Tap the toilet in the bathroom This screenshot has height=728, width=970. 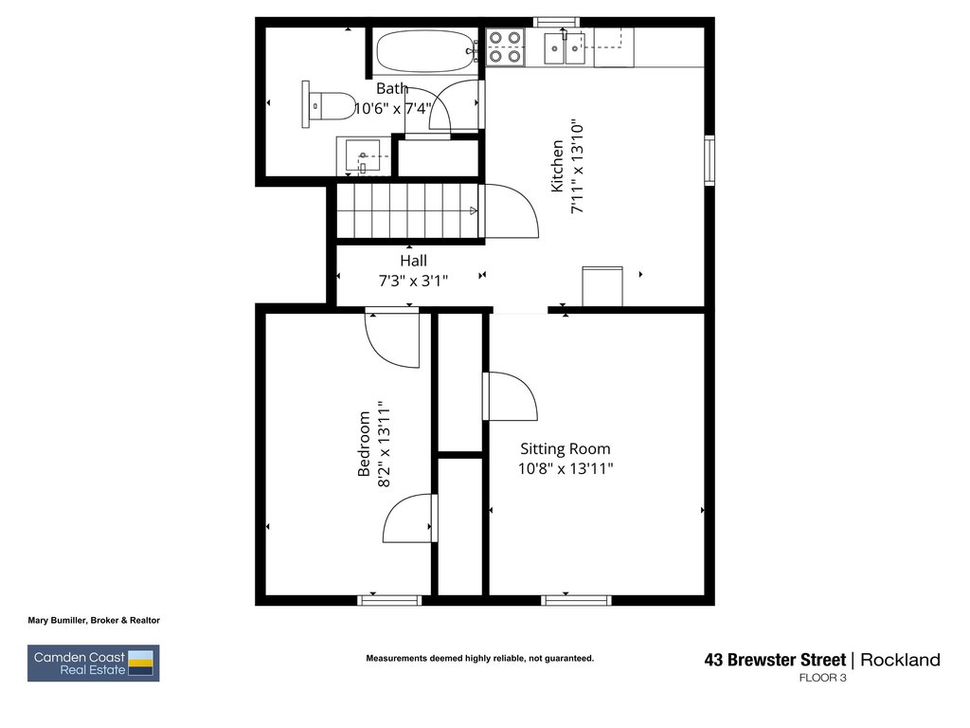tap(329, 104)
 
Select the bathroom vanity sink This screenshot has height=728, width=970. tap(363, 157)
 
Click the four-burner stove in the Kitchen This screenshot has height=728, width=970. tap(505, 47)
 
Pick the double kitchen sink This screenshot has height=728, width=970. tap(565, 48)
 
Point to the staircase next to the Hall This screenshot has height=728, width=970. tap(408, 211)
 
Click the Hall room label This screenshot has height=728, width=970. tap(413, 261)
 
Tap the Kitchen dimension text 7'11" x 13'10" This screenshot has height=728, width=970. tap(577, 167)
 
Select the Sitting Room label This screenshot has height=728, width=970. tap(566, 448)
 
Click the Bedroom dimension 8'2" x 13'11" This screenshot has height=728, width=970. tap(385, 444)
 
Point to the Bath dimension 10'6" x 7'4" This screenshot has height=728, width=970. tap(393, 109)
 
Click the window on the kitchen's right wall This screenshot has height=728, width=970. tap(710, 160)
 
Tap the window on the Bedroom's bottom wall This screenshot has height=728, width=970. tap(389, 600)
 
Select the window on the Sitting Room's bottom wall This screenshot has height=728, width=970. tap(577, 600)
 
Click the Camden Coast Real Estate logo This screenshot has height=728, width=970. tap(94, 663)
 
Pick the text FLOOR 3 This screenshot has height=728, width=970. tap(822, 678)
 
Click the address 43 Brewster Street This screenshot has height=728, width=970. tap(775, 660)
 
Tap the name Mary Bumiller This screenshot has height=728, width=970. tap(58, 620)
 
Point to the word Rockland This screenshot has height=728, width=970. tap(900, 660)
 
